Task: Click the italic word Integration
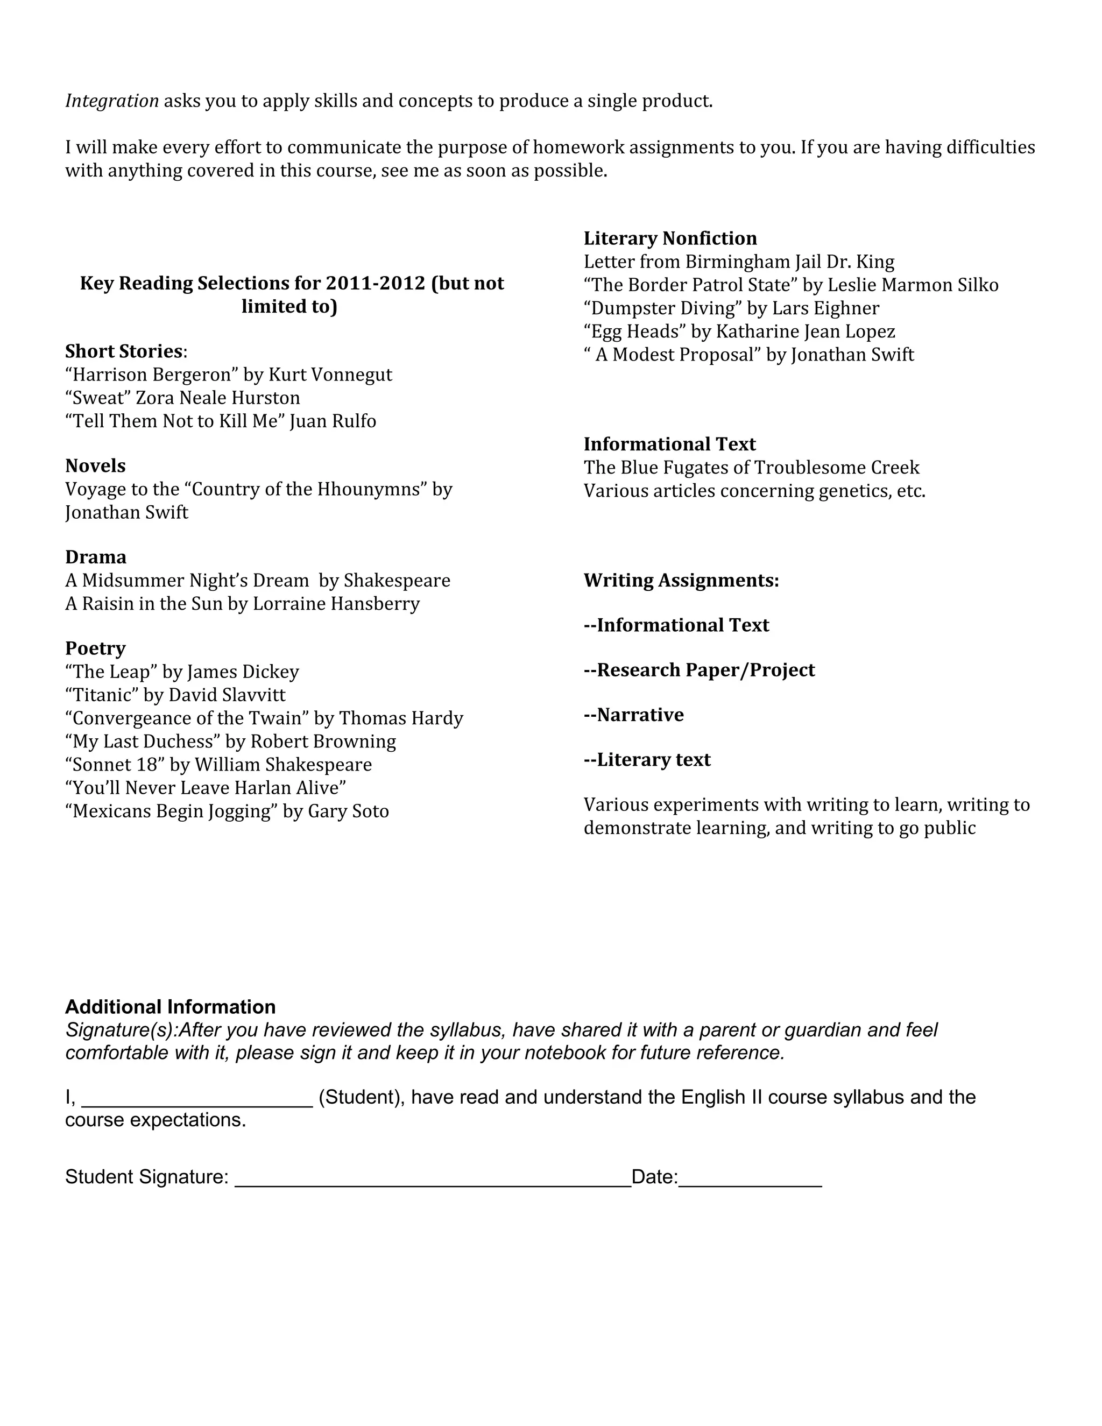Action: point(111,101)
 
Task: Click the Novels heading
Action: point(95,465)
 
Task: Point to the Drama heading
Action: point(96,557)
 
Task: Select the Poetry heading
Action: point(95,648)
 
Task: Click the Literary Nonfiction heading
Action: point(670,238)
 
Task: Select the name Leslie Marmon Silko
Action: point(913,285)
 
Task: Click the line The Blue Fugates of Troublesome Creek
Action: point(751,468)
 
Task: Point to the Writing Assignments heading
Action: point(681,581)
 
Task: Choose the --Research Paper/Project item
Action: point(699,670)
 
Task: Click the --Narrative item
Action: point(633,715)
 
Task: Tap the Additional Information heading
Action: point(171,1006)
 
